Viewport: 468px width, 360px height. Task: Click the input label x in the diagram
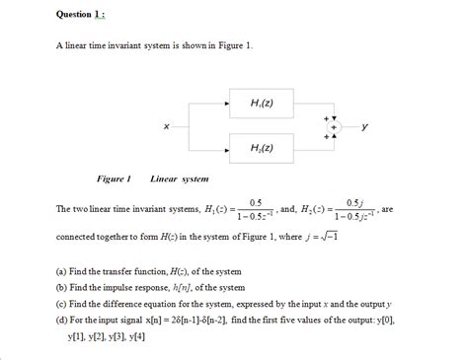coord(165,125)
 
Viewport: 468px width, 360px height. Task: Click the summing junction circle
coord(333,126)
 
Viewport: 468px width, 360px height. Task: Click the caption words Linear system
coord(179,180)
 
